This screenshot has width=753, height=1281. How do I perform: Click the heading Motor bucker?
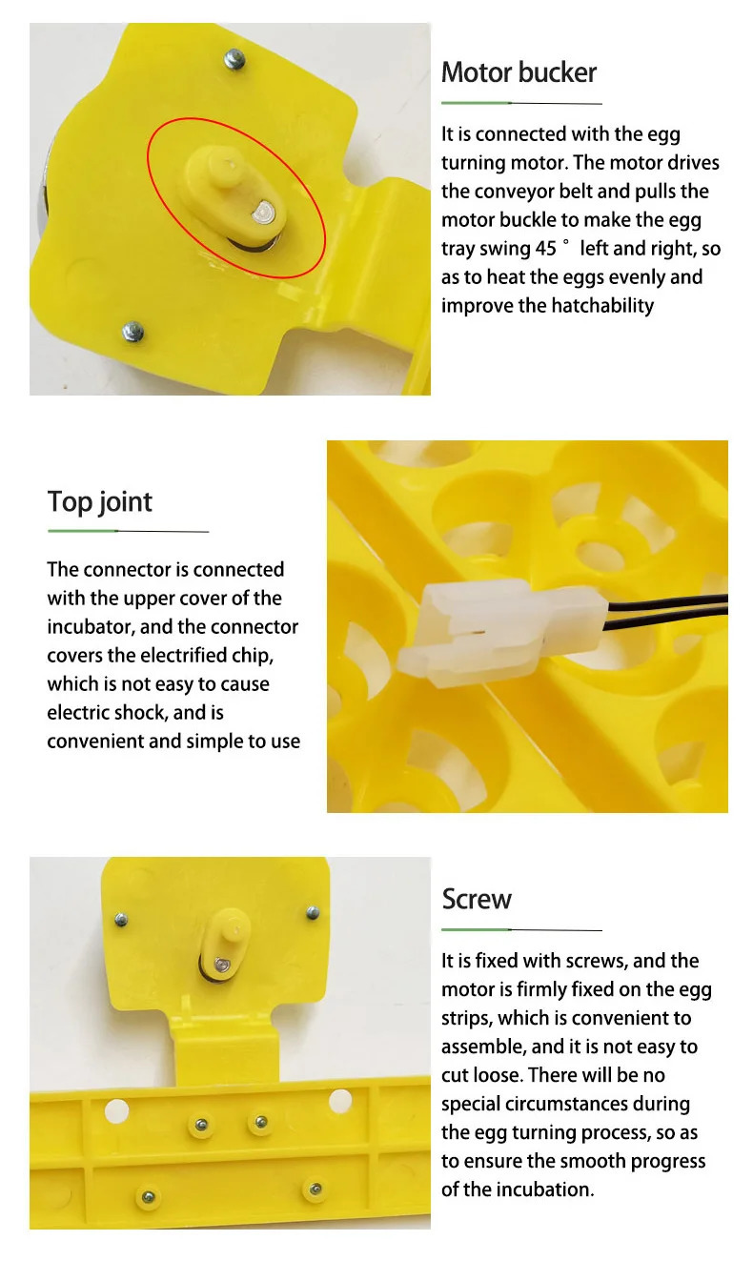click(x=519, y=73)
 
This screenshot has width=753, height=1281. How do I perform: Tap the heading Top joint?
click(x=100, y=502)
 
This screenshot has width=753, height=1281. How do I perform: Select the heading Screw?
click(x=477, y=899)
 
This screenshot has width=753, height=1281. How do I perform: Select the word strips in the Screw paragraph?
click(x=466, y=1018)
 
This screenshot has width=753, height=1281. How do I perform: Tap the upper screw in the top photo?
click(x=234, y=60)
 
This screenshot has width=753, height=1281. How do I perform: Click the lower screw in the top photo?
click(x=133, y=331)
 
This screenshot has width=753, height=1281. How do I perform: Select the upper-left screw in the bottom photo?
click(x=121, y=920)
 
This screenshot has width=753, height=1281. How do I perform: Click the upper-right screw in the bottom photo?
click(x=313, y=913)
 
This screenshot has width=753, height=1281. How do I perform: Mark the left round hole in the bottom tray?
click(x=116, y=1108)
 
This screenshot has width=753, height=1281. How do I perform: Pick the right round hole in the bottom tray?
click(x=340, y=1102)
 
